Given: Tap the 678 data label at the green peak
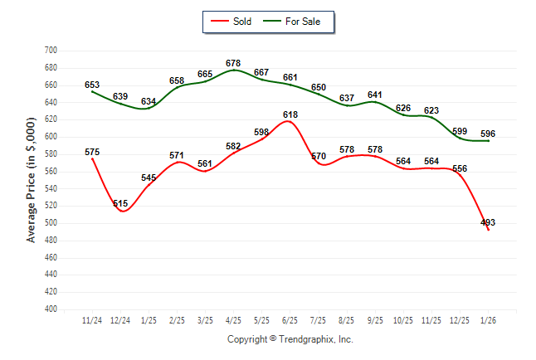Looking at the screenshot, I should [233, 63].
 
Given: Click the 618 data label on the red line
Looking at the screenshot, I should [290, 114].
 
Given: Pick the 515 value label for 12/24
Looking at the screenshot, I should [120, 203].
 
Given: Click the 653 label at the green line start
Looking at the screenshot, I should [92, 85].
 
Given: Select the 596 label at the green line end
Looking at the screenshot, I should [488, 134].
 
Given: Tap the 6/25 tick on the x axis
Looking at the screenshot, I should [290, 320].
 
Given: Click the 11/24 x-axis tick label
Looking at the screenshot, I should [92, 320].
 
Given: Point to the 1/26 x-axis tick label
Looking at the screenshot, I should [488, 320].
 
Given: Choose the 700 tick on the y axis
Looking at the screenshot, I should [50, 51].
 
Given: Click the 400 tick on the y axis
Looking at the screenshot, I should [50, 309].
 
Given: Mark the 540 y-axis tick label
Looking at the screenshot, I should [50, 188].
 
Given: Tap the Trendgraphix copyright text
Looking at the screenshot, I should [290, 339].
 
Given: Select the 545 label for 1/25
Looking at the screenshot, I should [149, 178].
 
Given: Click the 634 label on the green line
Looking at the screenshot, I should [149, 102].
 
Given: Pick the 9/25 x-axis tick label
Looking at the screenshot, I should [375, 320].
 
